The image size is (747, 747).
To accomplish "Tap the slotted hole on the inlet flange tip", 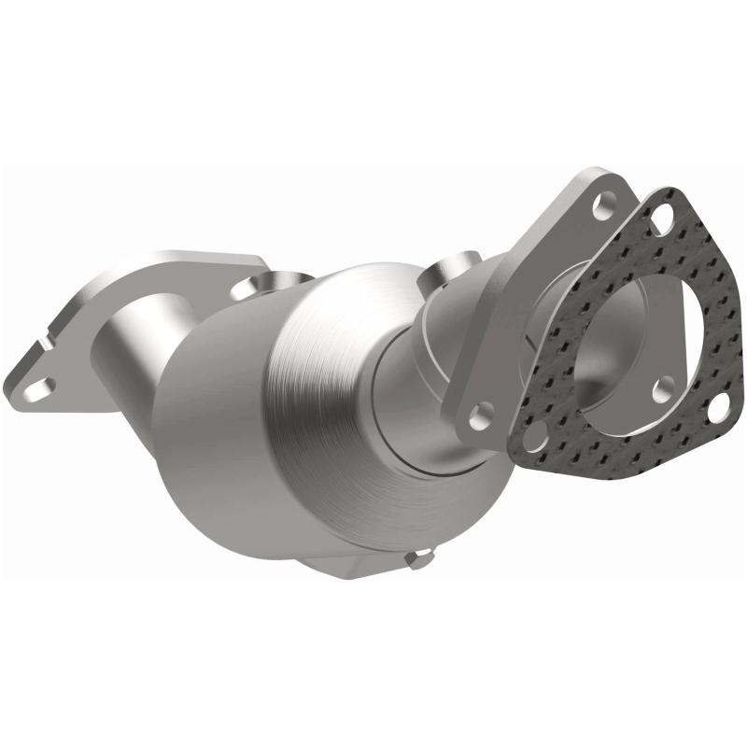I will coord(36,383).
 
